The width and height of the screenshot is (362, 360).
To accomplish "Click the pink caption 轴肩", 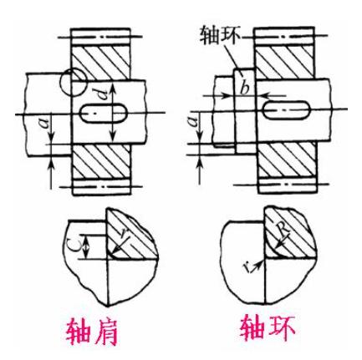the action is pos(92,332).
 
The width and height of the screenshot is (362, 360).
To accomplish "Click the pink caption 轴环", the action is pos(268,327).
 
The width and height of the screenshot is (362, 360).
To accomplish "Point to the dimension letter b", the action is pos(245,89).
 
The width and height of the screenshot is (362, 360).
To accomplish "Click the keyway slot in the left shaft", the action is pos(103,114).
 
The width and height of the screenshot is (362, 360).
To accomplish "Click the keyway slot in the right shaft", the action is pos(287,110).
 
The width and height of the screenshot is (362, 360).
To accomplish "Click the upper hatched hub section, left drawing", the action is pos(101,63).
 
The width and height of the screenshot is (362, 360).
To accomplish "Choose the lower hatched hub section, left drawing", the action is pos(101,162).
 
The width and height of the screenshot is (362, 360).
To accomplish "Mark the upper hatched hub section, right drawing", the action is pos(286,61).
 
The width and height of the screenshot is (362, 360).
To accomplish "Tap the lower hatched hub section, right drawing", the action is pos(288,159).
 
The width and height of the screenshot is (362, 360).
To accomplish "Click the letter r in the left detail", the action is pos(123,236).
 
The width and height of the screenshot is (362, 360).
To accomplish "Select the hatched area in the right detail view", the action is pos(288,234).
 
